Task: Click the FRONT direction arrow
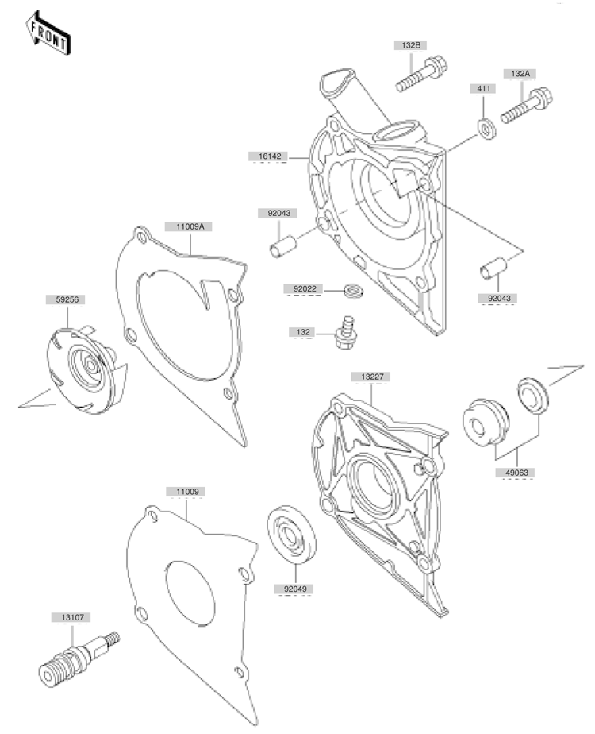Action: coord(48,33)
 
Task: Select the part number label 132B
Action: coord(411,45)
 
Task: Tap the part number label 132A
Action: coord(520,74)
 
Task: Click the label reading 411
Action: coord(483,88)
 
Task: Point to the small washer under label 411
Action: coord(486,128)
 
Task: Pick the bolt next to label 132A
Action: coord(526,106)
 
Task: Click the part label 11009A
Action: coord(188,226)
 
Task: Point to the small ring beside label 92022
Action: coord(353,291)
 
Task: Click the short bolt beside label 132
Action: coord(346,332)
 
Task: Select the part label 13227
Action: coord(370,377)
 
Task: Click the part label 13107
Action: coord(71,617)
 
